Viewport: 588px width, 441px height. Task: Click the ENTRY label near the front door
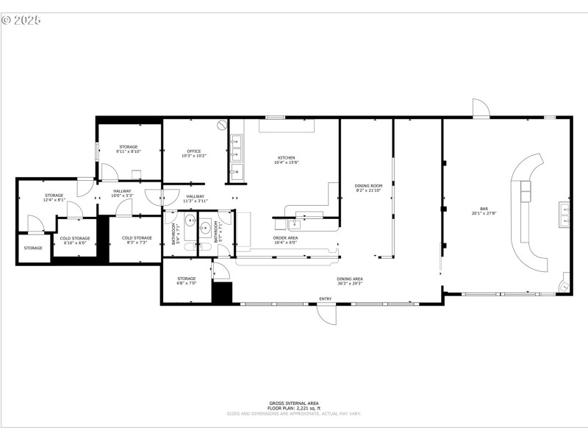[x=325, y=298]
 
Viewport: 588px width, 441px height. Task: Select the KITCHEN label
[x=286, y=159]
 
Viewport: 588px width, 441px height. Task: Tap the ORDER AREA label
[x=286, y=239]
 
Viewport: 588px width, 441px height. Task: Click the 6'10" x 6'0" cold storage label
[x=74, y=240]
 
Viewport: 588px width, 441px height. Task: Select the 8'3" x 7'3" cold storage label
[x=137, y=240]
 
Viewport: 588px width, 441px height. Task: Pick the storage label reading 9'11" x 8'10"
[x=128, y=149]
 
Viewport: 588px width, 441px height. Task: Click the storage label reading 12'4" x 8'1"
[x=54, y=197]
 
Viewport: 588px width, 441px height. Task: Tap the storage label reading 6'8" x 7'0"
[x=186, y=280]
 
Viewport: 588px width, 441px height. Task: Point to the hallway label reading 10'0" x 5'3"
[x=122, y=193]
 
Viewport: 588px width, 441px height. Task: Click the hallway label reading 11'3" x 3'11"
[x=196, y=198]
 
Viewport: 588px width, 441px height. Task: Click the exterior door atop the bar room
[x=481, y=108]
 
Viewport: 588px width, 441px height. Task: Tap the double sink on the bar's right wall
[x=564, y=214]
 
